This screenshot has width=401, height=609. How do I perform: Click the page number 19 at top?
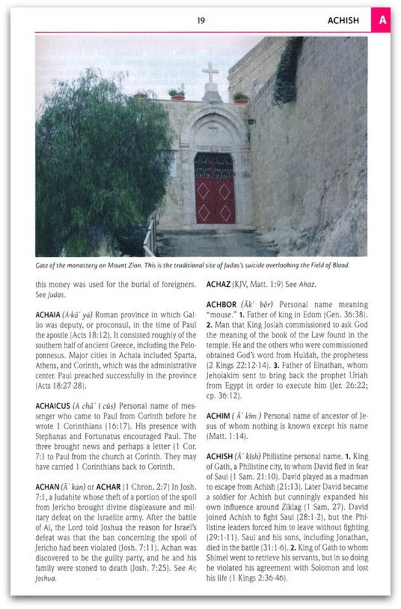[x=201, y=21]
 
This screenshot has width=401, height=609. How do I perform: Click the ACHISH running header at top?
[x=343, y=21]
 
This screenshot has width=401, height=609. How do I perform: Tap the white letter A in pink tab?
[x=383, y=20]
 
